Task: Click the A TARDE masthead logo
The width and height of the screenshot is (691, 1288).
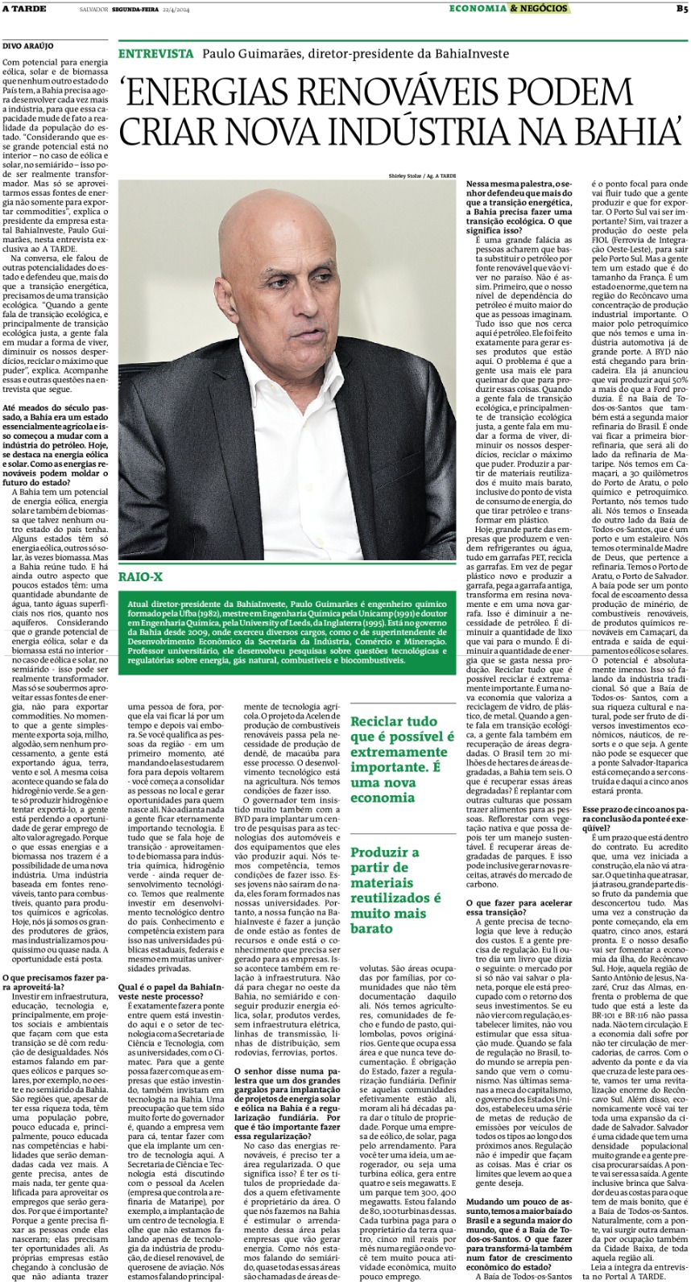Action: pyautogui.click(x=23, y=9)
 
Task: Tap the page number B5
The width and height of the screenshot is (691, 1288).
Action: pyautogui.click(x=681, y=9)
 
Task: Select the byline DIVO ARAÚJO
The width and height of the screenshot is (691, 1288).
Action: pyautogui.click(x=24, y=47)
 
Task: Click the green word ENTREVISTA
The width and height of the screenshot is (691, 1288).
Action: pyautogui.click(x=155, y=54)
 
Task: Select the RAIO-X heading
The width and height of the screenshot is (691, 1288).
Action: pyautogui.click(x=140, y=577)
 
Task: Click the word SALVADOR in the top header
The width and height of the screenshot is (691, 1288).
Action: pyautogui.click(x=94, y=9)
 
